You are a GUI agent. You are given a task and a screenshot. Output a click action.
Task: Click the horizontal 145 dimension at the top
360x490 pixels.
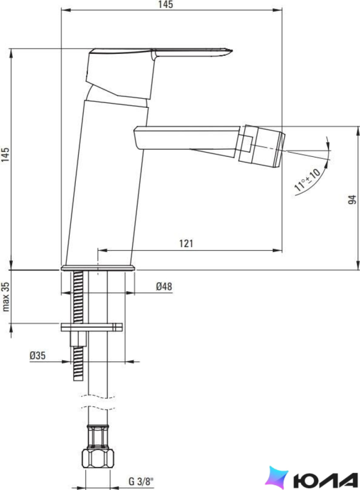[166, 4]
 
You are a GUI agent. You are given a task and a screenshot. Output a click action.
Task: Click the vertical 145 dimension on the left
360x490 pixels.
[5, 155]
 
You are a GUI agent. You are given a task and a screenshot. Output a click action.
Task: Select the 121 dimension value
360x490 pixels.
[186, 243]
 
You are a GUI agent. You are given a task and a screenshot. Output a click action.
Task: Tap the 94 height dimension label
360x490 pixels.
[352, 200]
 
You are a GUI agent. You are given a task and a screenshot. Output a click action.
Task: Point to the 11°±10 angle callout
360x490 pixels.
[307, 180]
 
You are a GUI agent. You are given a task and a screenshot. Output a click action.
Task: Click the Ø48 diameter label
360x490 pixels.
[164, 286]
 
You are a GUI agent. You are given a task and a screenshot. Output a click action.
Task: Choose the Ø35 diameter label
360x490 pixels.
[37, 355]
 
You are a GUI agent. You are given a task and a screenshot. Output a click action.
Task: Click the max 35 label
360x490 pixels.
[6, 297]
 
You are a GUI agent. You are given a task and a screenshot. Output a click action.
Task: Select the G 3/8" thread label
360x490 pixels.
[141, 481]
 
